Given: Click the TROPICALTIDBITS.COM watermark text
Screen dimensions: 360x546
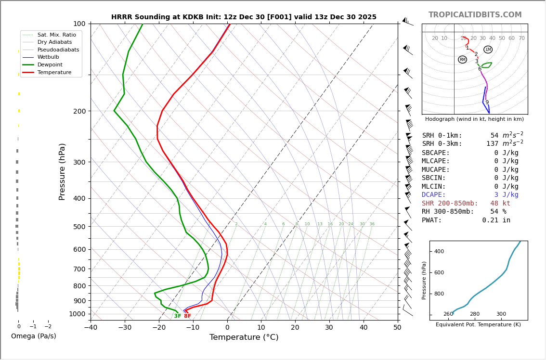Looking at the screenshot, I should [x=475, y=15].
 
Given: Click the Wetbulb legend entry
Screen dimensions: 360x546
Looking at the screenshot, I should [x=48, y=57].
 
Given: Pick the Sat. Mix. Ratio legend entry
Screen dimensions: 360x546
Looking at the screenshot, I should [x=56, y=35].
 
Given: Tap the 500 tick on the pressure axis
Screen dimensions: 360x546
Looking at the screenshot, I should [x=79, y=227].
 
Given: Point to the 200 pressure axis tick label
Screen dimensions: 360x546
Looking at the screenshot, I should [x=79, y=111].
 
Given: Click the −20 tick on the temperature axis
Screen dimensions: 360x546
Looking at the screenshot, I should [x=159, y=328].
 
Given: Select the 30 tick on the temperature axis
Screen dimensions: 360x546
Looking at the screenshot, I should [x=329, y=328].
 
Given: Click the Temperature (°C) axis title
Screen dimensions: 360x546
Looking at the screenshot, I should [x=244, y=337].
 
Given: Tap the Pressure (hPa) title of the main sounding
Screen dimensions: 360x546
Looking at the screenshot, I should [x=63, y=171].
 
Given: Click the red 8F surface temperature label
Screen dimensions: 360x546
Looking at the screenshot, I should [x=187, y=316].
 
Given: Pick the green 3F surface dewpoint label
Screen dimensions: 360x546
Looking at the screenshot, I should [x=178, y=316].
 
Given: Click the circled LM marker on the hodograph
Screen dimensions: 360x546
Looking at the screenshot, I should [x=488, y=50].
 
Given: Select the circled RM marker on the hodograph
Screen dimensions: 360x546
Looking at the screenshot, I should [x=462, y=60].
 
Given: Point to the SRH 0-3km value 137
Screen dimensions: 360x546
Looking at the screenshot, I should [x=492, y=144].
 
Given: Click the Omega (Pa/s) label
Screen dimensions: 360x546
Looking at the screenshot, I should [x=33, y=336].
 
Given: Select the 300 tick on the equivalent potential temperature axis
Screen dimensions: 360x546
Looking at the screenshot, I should [x=501, y=314].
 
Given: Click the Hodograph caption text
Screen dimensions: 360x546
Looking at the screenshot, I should [x=474, y=119].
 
